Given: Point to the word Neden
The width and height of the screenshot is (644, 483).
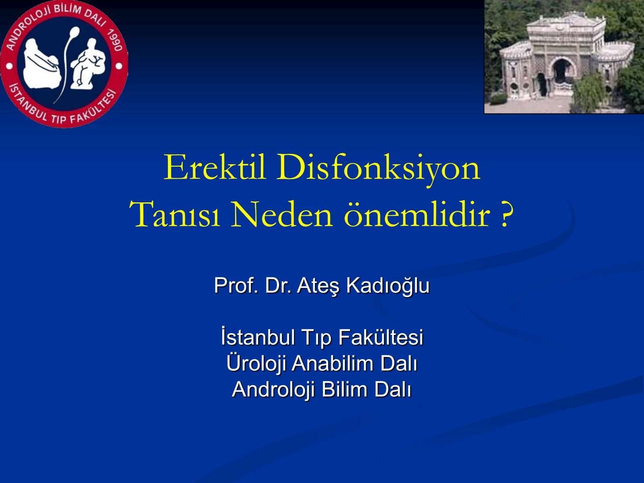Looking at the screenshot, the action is pyautogui.click(x=282, y=214).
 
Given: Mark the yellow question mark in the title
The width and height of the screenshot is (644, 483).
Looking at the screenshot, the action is pyautogui.click(x=507, y=215).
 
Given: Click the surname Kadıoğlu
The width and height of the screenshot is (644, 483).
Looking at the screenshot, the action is pyautogui.click(x=388, y=286).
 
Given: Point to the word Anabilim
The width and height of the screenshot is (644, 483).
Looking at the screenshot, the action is pyautogui.click(x=332, y=363).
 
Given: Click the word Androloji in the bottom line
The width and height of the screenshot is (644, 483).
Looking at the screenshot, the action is pyautogui.click(x=273, y=390).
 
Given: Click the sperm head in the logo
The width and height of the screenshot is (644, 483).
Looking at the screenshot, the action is pyautogui.click(x=75, y=31).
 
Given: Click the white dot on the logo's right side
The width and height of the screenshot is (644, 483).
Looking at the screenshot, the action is pyautogui.click(x=119, y=66).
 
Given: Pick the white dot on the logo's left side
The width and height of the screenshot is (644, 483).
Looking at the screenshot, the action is pyautogui.click(x=9, y=66).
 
